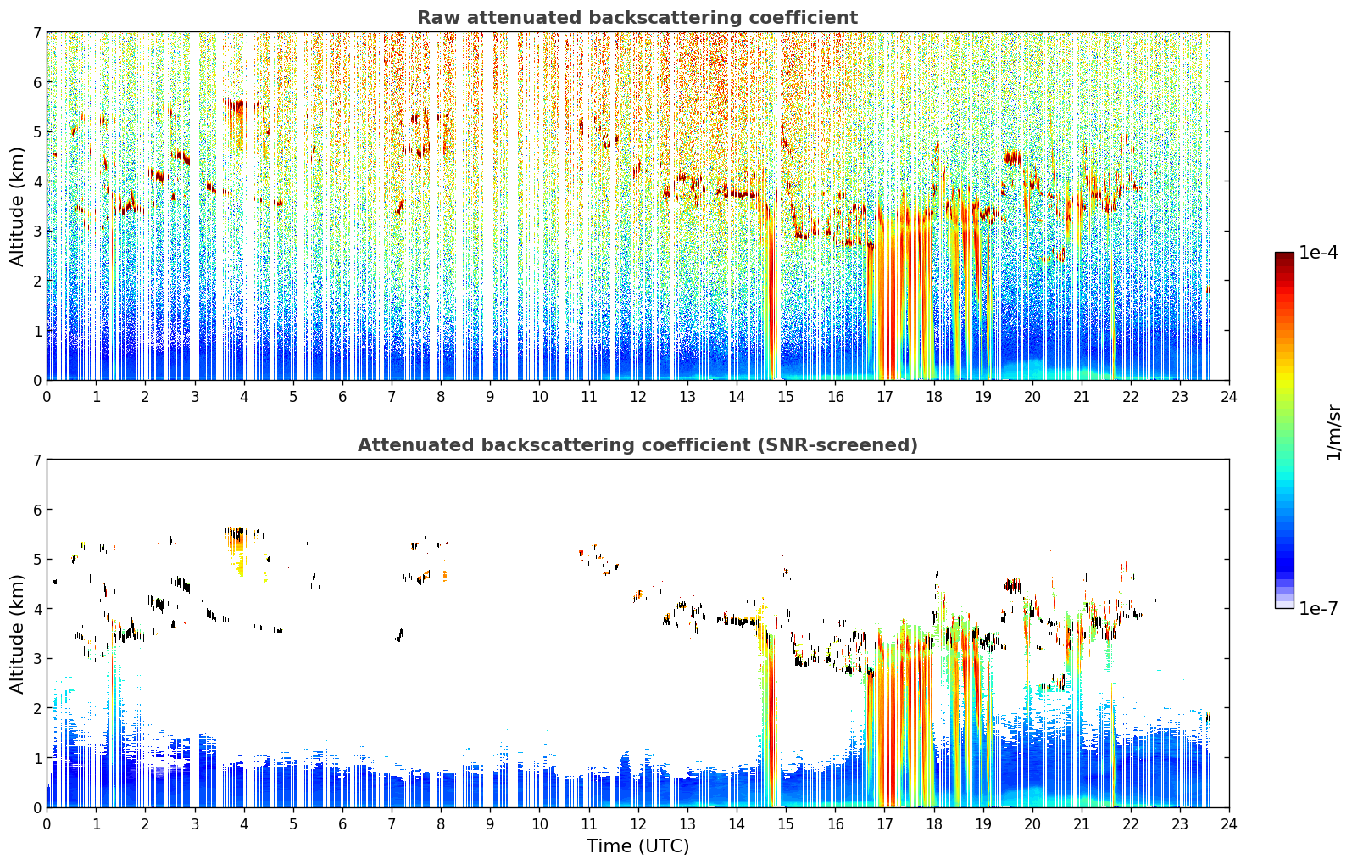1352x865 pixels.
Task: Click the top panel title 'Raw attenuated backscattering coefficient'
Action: pyautogui.click(x=637, y=18)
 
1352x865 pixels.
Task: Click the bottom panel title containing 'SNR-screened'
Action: pyautogui.click(x=637, y=445)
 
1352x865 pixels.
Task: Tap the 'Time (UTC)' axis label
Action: pyautogui.click(x=637, y=845)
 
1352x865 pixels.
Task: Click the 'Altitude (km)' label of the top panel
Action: pyautogui.click(x=16, y=207)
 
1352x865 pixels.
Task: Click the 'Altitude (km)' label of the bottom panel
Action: pyautogui.click(x=16, y=633)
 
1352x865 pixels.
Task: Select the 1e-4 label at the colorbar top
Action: pyautogui.click(x=1318, y=253)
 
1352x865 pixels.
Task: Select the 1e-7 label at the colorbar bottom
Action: pyautogui.click(x=1318, y=608)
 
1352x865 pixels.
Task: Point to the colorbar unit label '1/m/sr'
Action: pyautogui.click(x=1333, y=433)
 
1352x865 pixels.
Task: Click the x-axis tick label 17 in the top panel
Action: pyautogui.click(x=884, y=397)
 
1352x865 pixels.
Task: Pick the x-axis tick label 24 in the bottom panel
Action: pyautogui.click(x=1229, y=824)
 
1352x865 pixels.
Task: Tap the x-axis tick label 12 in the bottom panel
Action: pyautogui.click(x=638, y=824)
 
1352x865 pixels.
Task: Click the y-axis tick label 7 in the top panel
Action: pyautogui.click(x=37, y=32)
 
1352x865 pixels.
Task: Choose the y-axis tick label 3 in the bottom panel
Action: pyautogui.click(x=37, y=658)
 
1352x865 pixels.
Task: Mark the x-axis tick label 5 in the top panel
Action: pyautogui.click(x=293, y=397)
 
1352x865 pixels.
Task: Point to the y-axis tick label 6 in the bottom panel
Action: pyautogui.click(x=37, y=510)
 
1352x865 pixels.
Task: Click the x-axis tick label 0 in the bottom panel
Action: pyautogui.click(x=47, y=824)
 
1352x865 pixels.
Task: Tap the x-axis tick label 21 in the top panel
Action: pyautogui.click(x=1081, y=397)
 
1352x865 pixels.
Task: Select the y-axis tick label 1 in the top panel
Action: pyautogui.click(x=37, y=331)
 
